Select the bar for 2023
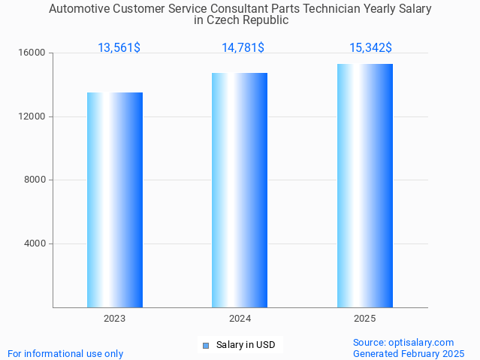coord(115,200)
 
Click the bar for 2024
coord(240,190)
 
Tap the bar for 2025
coord(365,186)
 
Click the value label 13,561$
coord(119,48)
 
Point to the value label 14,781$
coord(243,48)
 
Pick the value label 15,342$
coord(370,48)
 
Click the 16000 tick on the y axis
coord(32,53)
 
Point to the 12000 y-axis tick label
coord(32,116)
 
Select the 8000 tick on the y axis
coord(34,180)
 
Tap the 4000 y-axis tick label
coord(34,244)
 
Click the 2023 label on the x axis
coord(115,319)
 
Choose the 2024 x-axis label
coord(240,319)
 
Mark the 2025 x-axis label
coord(365,319)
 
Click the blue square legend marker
coord(205,346)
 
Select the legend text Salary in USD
coord(246,345)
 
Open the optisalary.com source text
coord(403,343)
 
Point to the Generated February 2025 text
coord(409,353)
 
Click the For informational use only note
coord(65,353)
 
